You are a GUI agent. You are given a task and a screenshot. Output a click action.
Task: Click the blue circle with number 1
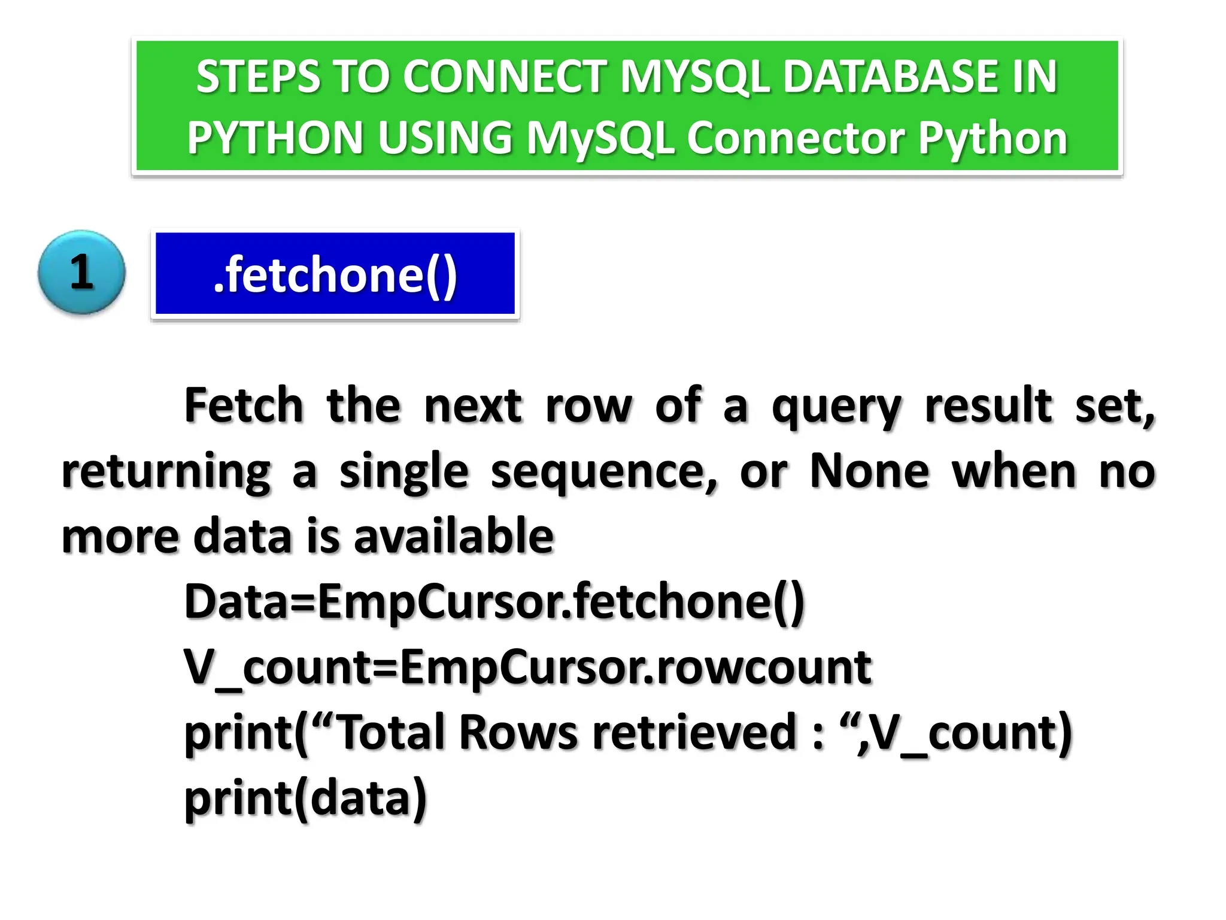(x=81, y=273)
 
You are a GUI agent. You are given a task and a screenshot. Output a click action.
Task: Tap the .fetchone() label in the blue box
(x=335, y=274)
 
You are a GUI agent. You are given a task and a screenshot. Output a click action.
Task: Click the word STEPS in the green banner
(x=258, y=77)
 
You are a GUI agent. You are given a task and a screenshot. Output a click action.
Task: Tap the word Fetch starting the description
(x=244, y=405)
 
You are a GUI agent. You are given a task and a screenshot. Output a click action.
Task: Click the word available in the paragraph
(x=454, y=535)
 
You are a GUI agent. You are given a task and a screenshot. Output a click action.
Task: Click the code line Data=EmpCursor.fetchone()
(x=494, y=601)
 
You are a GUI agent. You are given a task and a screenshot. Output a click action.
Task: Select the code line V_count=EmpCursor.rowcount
(x=527, y=667)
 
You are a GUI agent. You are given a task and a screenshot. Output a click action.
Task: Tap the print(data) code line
(x=305, y=798)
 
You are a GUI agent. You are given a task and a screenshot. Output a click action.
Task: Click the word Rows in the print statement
(x=518, y=732)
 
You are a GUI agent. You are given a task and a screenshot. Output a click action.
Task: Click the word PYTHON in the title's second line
(x=275, y=138)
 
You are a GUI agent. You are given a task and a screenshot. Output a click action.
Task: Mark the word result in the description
(x=988, y=405)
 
